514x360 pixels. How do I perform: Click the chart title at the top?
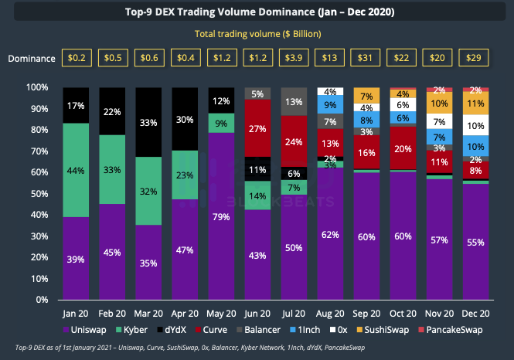click(257, 13)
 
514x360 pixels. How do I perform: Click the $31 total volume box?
click(366, 59)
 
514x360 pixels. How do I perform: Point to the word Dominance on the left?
click(33, 59)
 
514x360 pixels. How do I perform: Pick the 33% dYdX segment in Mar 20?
click(148, 122)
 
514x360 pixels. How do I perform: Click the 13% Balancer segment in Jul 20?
click(293, 101)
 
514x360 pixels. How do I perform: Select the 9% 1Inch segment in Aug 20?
click(330, 104)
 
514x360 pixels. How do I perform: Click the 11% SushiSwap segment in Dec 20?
click(475, 103)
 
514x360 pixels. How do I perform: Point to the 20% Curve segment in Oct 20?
click(402, 148)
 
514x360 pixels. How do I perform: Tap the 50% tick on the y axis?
click(43, 193)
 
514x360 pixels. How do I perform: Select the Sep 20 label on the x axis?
click(366, 315)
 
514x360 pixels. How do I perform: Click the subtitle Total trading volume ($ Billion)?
click(257, 34)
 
